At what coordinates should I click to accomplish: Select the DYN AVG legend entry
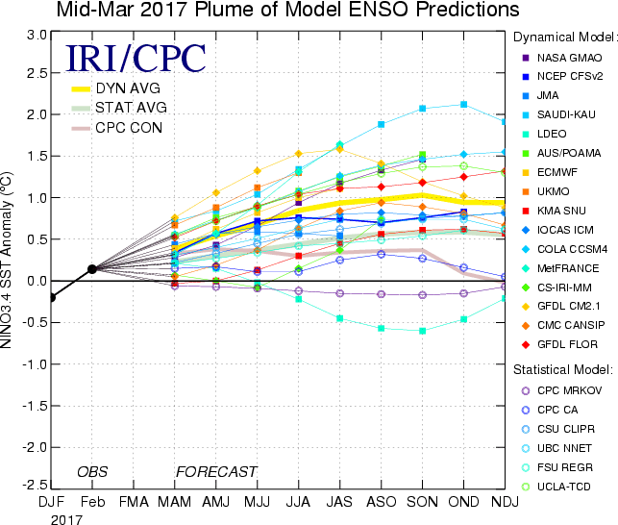pyautogui.click(x=121, y=88)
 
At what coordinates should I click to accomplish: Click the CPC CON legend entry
pyautogui.click(x=121, y=128)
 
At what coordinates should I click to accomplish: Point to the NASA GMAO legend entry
pyautogui.click(x=567, y=58)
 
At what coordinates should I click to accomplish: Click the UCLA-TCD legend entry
pyautogui.click(x=564, y=487)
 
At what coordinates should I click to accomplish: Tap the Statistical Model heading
pyautogui.click(x=562, y=369)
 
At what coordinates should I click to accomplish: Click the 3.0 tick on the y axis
pyautogui.click(x=37, y=35)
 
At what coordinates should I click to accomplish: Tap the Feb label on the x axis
pyautogui.click(x=91, y=501)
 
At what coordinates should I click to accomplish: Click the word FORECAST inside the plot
pyautogui.click(x=216, y=472)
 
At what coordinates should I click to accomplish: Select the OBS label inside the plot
pyautogui.click(x=91, y=472)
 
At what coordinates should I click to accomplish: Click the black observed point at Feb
pyautogui.click(x=91, y=269)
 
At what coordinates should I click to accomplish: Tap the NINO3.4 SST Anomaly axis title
pyautogui.click(x=12, y=262)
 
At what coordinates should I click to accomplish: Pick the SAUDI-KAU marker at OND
pyautogui.click(x=464, y=105)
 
